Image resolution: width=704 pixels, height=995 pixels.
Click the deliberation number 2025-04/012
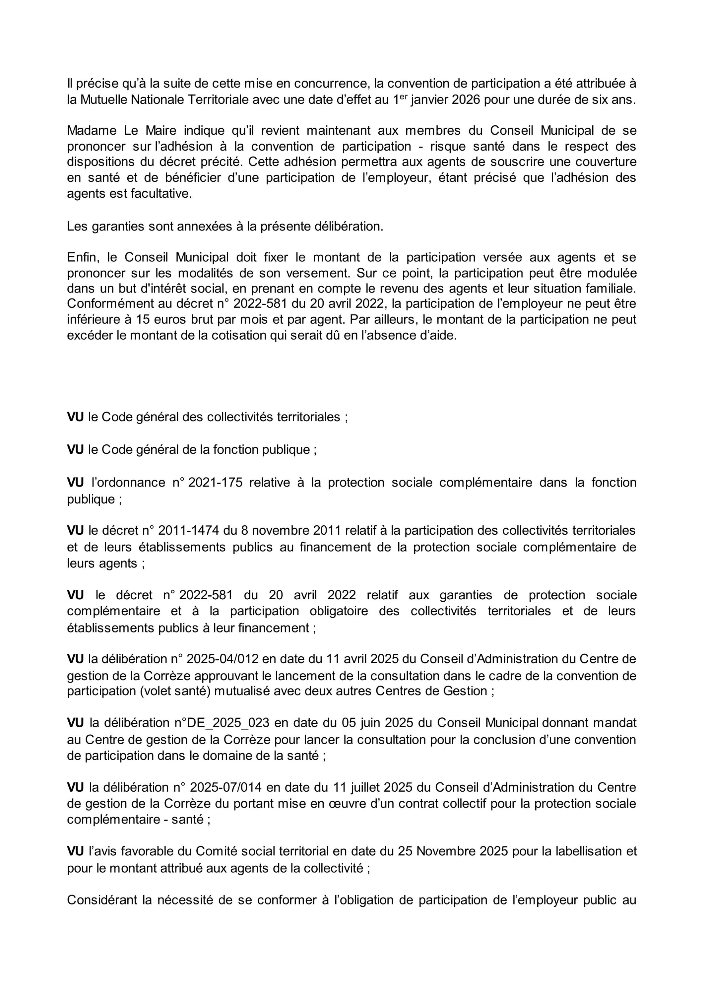click(223, 659)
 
